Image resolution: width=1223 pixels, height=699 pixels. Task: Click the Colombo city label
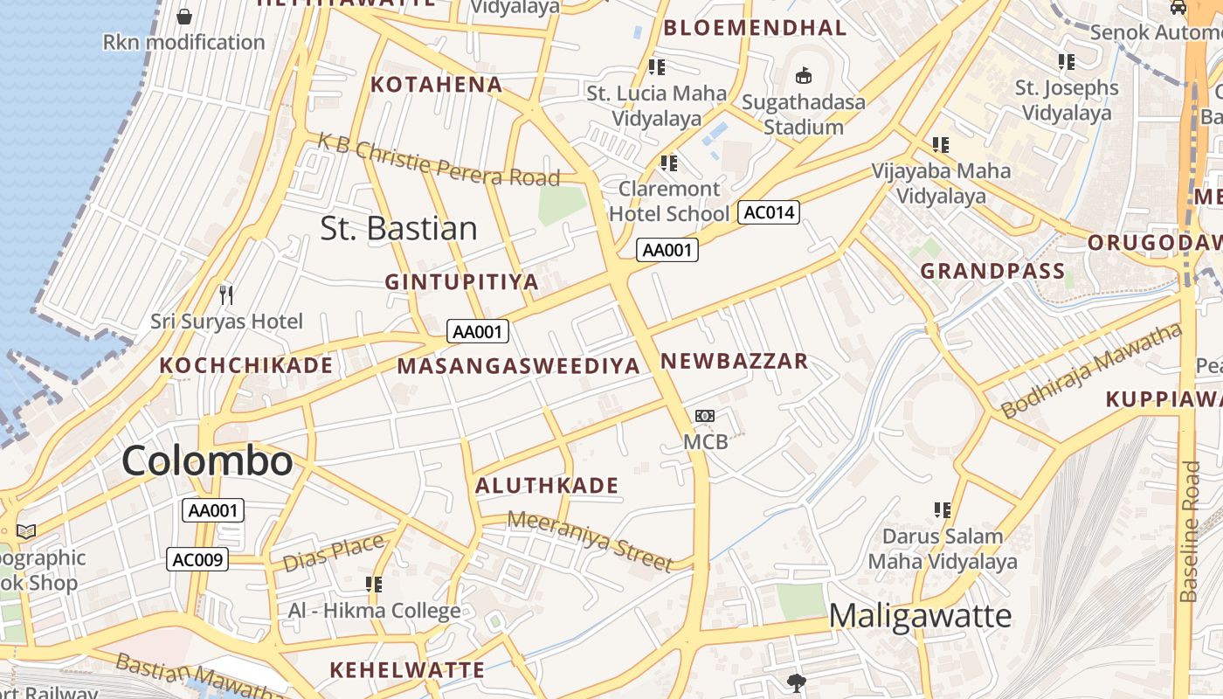click(207, 460)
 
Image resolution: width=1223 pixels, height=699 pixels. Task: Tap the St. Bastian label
click(398, 229)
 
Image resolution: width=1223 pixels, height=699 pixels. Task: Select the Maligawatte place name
click(920, 616)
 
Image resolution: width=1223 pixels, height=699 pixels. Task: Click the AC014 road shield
click(769, 212)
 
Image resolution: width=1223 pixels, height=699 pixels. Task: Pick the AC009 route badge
click(197, 559)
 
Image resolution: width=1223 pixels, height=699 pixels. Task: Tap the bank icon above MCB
click(704, 416)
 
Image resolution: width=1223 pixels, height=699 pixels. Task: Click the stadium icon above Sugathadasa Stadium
click(803, 76)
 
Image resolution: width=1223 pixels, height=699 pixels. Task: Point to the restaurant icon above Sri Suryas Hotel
click(226, 295)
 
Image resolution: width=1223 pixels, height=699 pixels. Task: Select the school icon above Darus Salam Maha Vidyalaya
click(942, 509)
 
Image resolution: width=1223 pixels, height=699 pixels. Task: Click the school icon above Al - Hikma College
click(374, 584)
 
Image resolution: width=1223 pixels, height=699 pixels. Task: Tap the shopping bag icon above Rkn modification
click(184, 17)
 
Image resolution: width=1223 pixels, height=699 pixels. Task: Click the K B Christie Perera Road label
click(438, 160)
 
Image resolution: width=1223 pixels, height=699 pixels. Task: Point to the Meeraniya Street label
click(591, 540)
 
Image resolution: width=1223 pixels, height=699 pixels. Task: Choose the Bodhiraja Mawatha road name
click(1091, 370)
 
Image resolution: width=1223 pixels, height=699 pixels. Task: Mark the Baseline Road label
click(1189, 531)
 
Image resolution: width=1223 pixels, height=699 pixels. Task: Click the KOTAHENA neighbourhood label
click(437, 85)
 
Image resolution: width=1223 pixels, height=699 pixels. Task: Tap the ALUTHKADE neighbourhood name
click(547, 486)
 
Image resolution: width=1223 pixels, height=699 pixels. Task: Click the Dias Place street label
click(333, 552)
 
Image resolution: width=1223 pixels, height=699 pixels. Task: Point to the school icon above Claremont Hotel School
click(669, 163)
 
